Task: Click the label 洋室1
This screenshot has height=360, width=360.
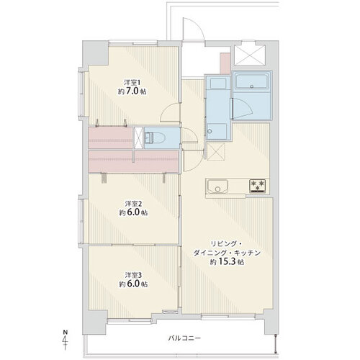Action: click(132, 83)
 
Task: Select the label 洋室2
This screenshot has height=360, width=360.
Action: click(133, 204)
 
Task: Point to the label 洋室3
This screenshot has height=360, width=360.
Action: click(133, 275)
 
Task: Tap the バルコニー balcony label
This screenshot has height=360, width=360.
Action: click(184, 338)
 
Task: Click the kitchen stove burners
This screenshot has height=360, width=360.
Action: click(258, 186)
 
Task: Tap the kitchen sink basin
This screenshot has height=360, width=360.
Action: click(218, 186)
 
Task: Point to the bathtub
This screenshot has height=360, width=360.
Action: click(252, 81)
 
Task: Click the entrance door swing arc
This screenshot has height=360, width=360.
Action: click(194, 28)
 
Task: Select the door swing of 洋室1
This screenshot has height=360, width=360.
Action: click(170, 113)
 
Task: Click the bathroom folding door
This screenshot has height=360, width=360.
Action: click(243, 109)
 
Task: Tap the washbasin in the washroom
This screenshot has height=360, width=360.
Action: click(218, 84)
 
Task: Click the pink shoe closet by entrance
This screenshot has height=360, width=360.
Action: click(225, 63)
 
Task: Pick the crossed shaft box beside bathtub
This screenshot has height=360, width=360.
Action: click(250, 55)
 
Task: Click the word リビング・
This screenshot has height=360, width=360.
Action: click(226, 244)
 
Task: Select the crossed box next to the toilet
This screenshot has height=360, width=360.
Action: click(138, 138)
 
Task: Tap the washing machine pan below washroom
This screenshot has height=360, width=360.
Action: click(216, 152)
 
